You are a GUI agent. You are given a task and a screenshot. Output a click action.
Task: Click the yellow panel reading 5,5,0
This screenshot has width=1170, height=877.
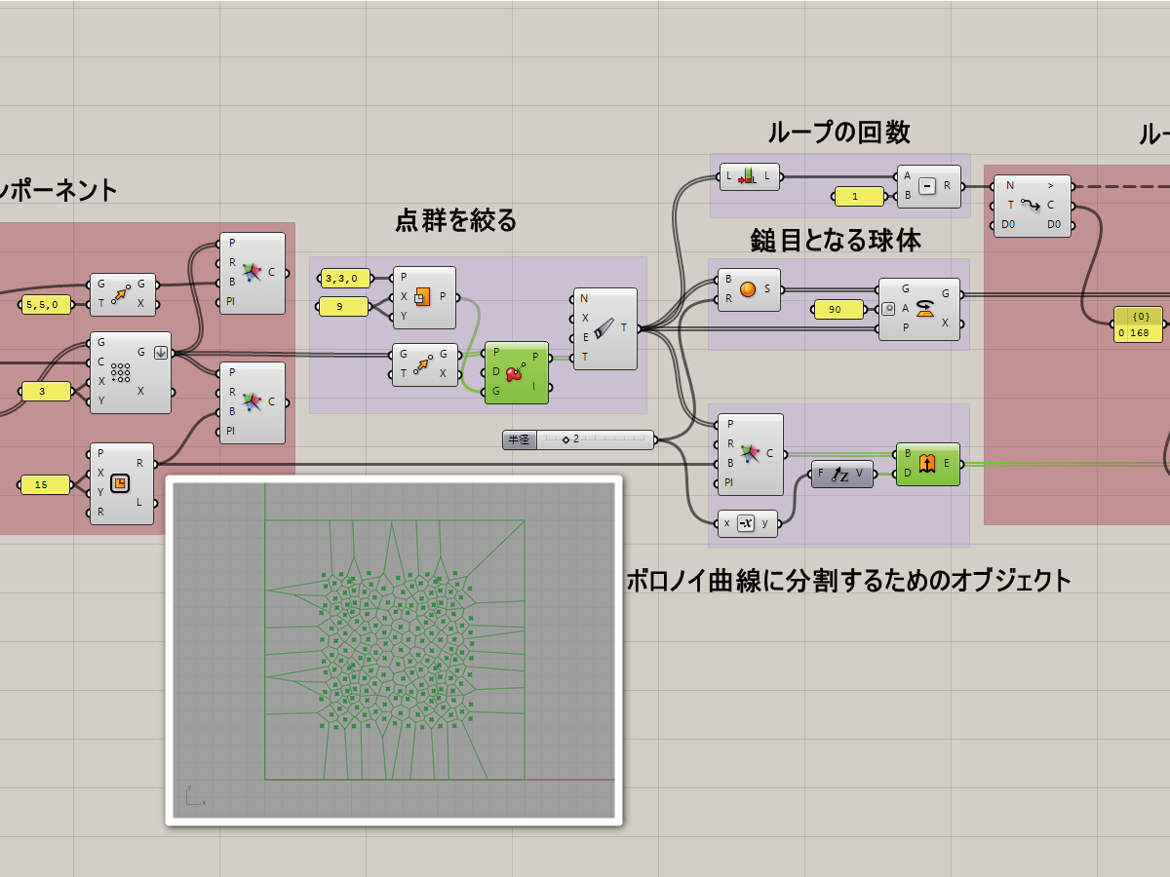click(x=46, y=305)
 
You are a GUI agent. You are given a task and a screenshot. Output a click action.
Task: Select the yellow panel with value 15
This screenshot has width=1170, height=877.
click(x=46, y=484)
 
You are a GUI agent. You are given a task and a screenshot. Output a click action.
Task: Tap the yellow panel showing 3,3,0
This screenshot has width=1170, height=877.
click(x=344, y=279)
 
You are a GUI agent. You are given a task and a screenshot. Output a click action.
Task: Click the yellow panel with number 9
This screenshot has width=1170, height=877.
click(x=344, y=307)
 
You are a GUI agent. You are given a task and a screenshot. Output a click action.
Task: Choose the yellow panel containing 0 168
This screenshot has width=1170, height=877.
click(x=1138, y=324)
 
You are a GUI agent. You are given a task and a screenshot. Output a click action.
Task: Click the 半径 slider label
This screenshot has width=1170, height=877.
click(x=520, y=439)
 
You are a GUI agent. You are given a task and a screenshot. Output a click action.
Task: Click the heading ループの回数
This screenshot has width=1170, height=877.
click(x=838, y=133)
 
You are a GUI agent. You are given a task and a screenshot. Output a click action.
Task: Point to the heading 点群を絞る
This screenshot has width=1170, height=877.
click(x=455, y=221)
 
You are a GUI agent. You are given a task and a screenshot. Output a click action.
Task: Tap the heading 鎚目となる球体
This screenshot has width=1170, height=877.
click(x=836, y=240)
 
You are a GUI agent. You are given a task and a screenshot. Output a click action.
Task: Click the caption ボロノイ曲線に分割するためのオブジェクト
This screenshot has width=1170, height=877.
click(x=848, y=582)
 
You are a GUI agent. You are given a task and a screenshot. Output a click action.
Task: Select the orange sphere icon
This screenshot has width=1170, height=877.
click(x=748, y=289)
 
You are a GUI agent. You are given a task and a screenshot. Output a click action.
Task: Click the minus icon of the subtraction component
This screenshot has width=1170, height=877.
click(x=927, y=186)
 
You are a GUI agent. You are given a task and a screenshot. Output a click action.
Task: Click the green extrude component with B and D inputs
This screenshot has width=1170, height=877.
click(x=927, y=464)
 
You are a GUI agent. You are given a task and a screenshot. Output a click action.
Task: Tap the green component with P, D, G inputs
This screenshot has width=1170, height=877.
click(x=516, y=372)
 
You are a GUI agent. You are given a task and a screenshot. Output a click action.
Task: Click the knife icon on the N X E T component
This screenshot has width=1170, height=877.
click(x=604, y=328)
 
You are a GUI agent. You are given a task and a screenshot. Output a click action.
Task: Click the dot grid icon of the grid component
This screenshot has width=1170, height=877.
click(x=121, y=372)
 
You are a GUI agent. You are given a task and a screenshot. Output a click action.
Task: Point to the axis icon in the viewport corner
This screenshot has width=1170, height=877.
click(x=193, y=796)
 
